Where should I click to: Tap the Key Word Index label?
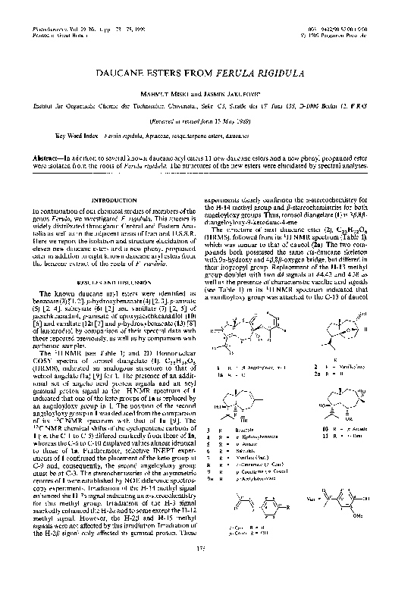[77, 157]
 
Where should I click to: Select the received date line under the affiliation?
[207, 140]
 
